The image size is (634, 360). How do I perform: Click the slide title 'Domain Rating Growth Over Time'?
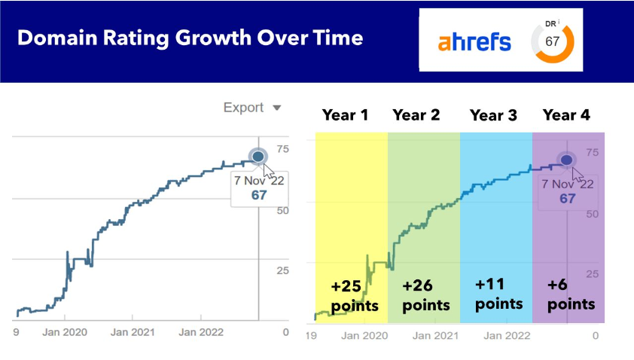click(x=191, y=38)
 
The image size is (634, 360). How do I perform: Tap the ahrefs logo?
click(x=474, y=41)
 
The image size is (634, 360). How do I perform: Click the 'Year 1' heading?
click(x=345, y=115)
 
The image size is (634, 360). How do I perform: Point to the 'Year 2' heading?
click(x=416, y=115)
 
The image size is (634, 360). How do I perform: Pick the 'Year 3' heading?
click(x=493, y=115)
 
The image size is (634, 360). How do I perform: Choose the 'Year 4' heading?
click(x=566, y=115)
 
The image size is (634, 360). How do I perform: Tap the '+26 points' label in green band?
click(x=425, y=296)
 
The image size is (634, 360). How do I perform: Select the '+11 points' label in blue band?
click(x=498, y=294)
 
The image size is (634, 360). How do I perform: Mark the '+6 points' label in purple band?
click(x=570, y=294)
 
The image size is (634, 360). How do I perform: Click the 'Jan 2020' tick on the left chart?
click(x=64, y=331)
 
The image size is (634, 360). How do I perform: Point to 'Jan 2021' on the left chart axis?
click(x=133, y=331)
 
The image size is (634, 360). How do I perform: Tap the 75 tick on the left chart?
click(x=283, y=149)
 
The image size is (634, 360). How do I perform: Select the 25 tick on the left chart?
click(x=283, y=271)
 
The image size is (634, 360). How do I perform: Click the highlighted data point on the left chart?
click(x=258, y=156)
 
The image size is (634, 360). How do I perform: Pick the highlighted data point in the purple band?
click(x=565, y=160)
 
